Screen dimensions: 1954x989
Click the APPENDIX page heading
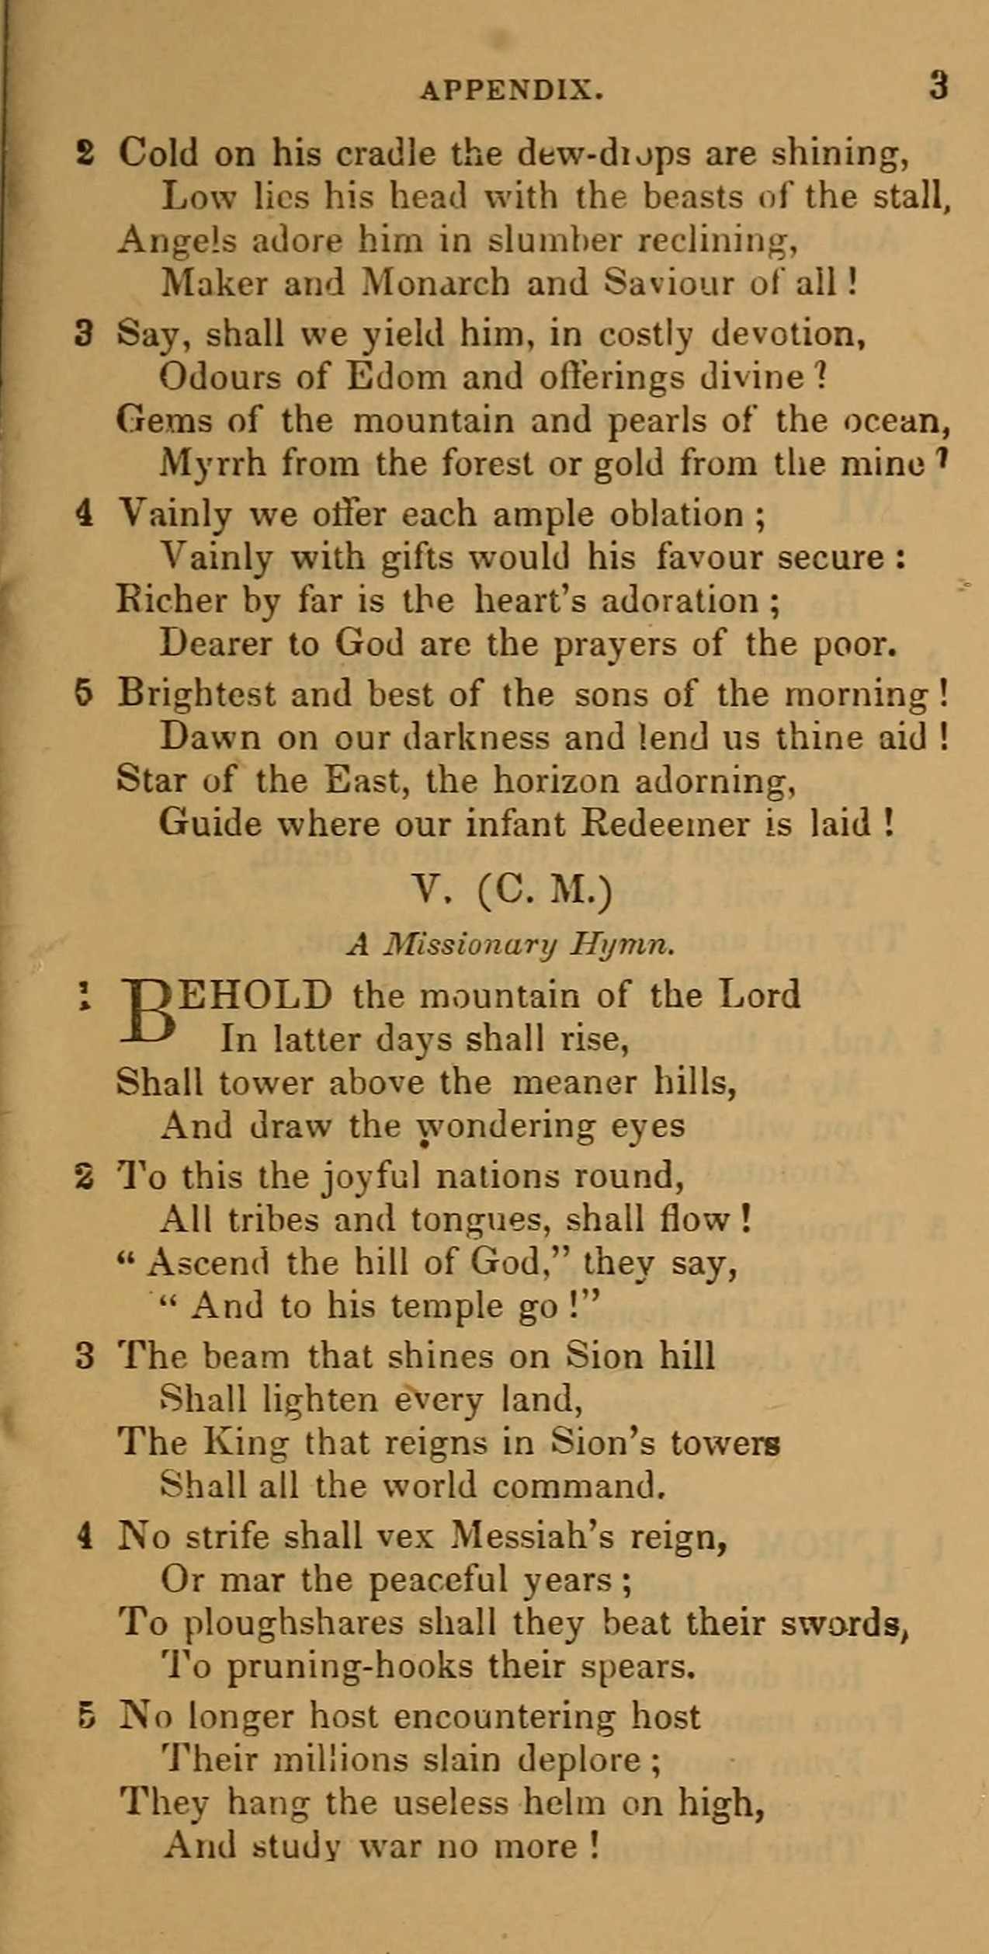tap(512, 91)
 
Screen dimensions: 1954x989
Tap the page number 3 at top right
tap(939, 85)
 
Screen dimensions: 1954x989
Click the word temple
tap(446, 1306)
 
